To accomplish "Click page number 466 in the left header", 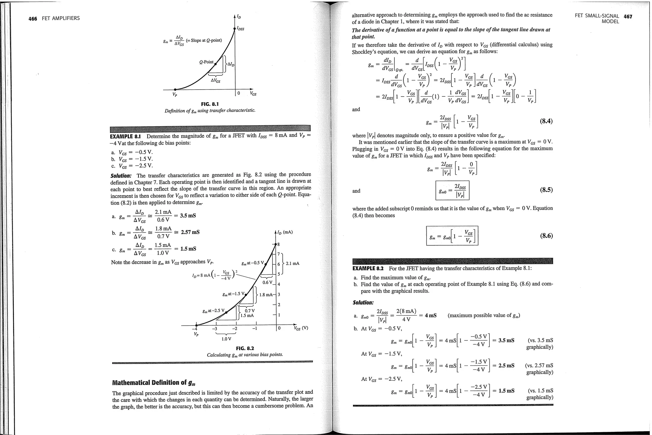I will point(32,18).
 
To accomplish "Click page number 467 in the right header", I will point(628,17).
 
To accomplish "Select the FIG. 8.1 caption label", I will point(210,104).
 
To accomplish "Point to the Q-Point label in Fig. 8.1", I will point(206,62).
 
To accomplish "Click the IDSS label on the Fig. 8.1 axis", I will point(240,29).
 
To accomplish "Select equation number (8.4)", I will point(546,121).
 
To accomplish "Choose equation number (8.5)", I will point(546,190).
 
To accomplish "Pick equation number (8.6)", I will point(546,236).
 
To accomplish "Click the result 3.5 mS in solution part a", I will point(188,216).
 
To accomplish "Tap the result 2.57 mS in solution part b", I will point(190,232).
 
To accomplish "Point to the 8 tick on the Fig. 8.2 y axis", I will point(279,244).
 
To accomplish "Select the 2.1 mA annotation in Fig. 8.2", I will point(292,264).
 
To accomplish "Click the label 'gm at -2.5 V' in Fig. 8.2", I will point(213,311).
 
